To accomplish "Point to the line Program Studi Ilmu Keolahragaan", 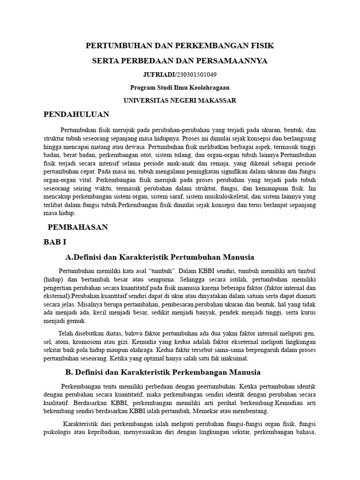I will coord(180,87).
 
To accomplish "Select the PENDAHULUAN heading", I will coord(76,114).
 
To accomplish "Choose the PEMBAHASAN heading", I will coord(78,227).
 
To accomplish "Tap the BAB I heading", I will coord(55,242).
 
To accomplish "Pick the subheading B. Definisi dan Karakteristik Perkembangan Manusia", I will coord(162,372).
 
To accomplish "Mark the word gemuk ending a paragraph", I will coord(77,321).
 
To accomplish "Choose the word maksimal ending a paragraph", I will coord(234,358).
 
